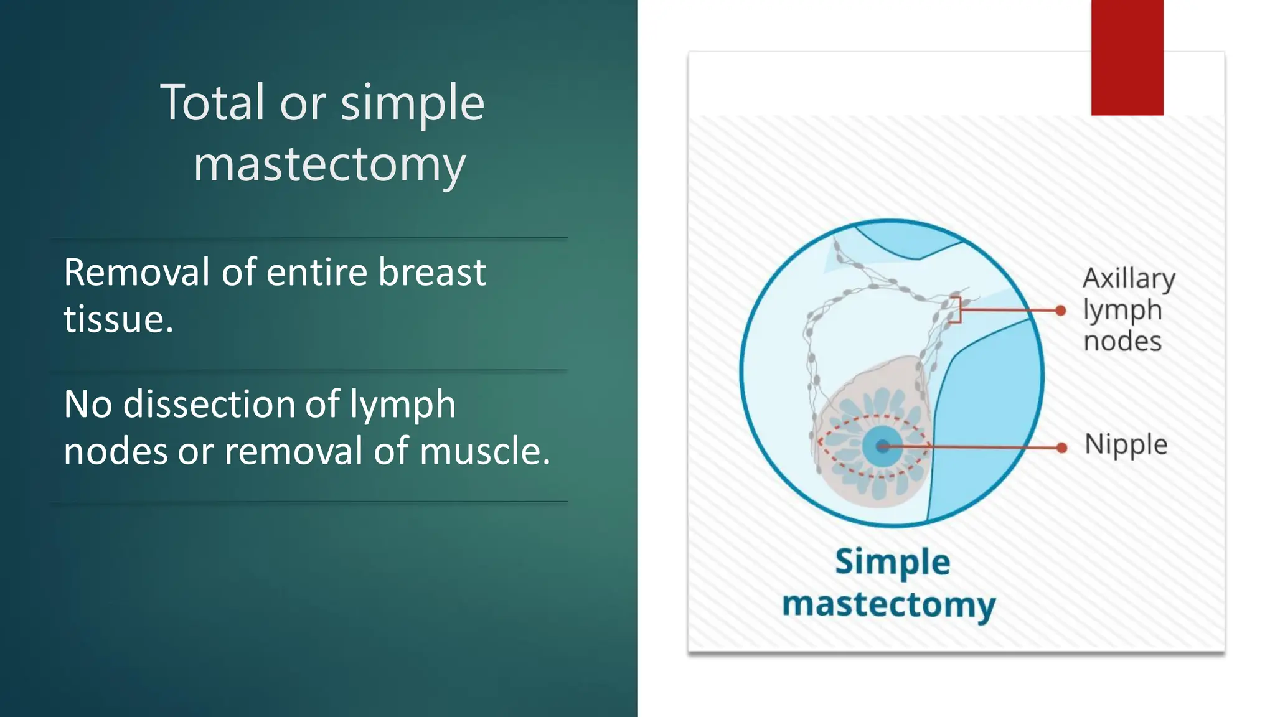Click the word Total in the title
pyautogui.click(x=212, y=103)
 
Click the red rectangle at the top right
pyautogui.click(x=1127, y=57)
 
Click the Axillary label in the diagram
pyautogui.click(x=1129, y=278)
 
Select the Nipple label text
pyautogui.click(x=1126, y=445)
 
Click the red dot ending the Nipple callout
pyautogui.click(x=1062, y=448)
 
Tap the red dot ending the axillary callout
pyautogui.click(x=1061, y=311)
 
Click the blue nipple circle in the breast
pyautogui.click(x=882, y=446)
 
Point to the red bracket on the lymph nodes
pyautogui.click(x=957, y=309)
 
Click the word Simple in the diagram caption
pyautogui.click(x=892, y=562)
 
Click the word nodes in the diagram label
pyautogui.click(x=1122, y=342)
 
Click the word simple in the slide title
pyautogui.click(x=412, y=103)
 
